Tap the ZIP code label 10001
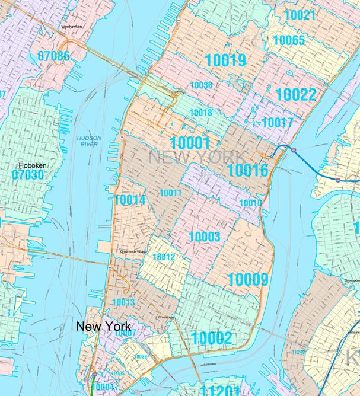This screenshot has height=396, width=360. (190, 143)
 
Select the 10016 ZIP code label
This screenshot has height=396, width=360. (248, 171)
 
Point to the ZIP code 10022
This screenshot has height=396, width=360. (300, 94)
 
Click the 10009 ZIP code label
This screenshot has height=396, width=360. (248, 279)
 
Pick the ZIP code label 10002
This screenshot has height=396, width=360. (211, 338)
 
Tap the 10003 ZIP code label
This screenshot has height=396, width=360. (205, 237)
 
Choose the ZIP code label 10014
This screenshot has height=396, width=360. (130, 200)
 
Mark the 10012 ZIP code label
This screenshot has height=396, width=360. (164, 257)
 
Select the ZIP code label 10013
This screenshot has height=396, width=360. (123, 302)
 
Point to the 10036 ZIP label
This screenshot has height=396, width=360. (202, 85)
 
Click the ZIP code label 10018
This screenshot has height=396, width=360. (201, 113)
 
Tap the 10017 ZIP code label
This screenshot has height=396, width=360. (278, 123)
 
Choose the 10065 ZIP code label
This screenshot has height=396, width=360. (289, 40)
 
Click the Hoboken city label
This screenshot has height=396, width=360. (33, 165)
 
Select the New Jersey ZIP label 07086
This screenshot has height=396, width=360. (54, 56)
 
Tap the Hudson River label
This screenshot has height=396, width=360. (89, 141)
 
